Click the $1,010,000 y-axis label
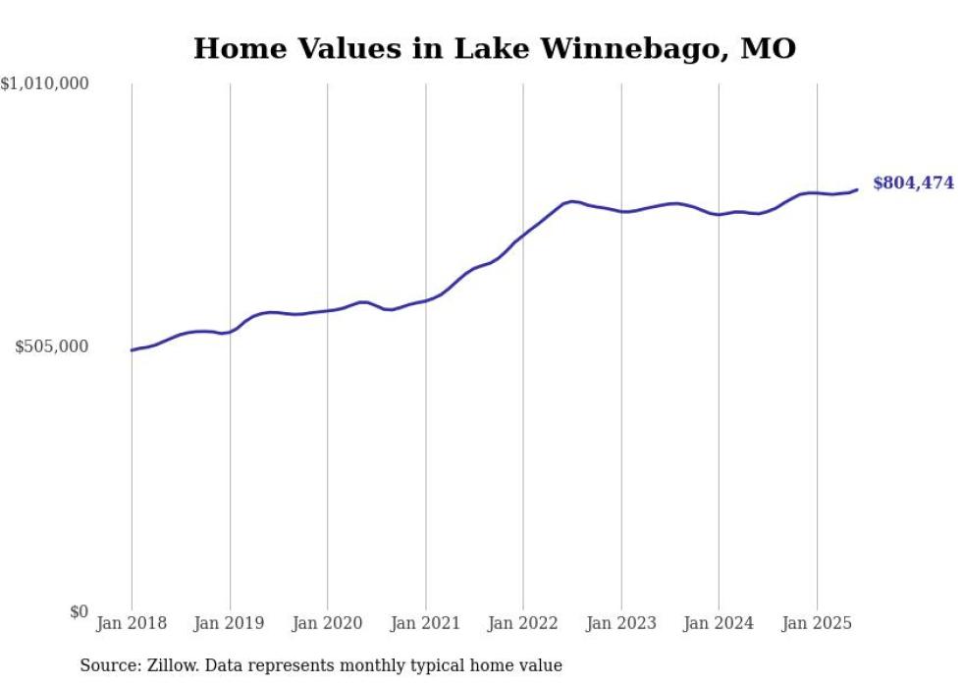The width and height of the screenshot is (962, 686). (45, 84)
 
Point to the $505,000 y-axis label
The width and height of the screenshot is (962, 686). (52, 346)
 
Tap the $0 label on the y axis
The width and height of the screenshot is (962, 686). (79, 611)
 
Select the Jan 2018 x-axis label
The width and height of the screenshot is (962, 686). (132, 623)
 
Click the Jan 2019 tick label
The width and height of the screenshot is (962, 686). (230, 623)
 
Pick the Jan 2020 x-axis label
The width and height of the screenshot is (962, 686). (328, 623)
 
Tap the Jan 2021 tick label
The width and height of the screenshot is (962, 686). (425, 623)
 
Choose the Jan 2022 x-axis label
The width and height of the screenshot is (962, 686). (523, 623)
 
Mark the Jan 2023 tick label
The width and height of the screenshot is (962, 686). (621, 623)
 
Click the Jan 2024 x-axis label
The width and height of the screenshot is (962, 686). (719, 623)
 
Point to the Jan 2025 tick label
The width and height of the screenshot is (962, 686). (817, 623)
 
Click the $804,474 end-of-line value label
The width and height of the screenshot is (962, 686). (913, 183)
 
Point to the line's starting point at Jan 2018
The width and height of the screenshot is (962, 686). (133, 349)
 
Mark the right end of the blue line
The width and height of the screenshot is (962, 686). (857, 189)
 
